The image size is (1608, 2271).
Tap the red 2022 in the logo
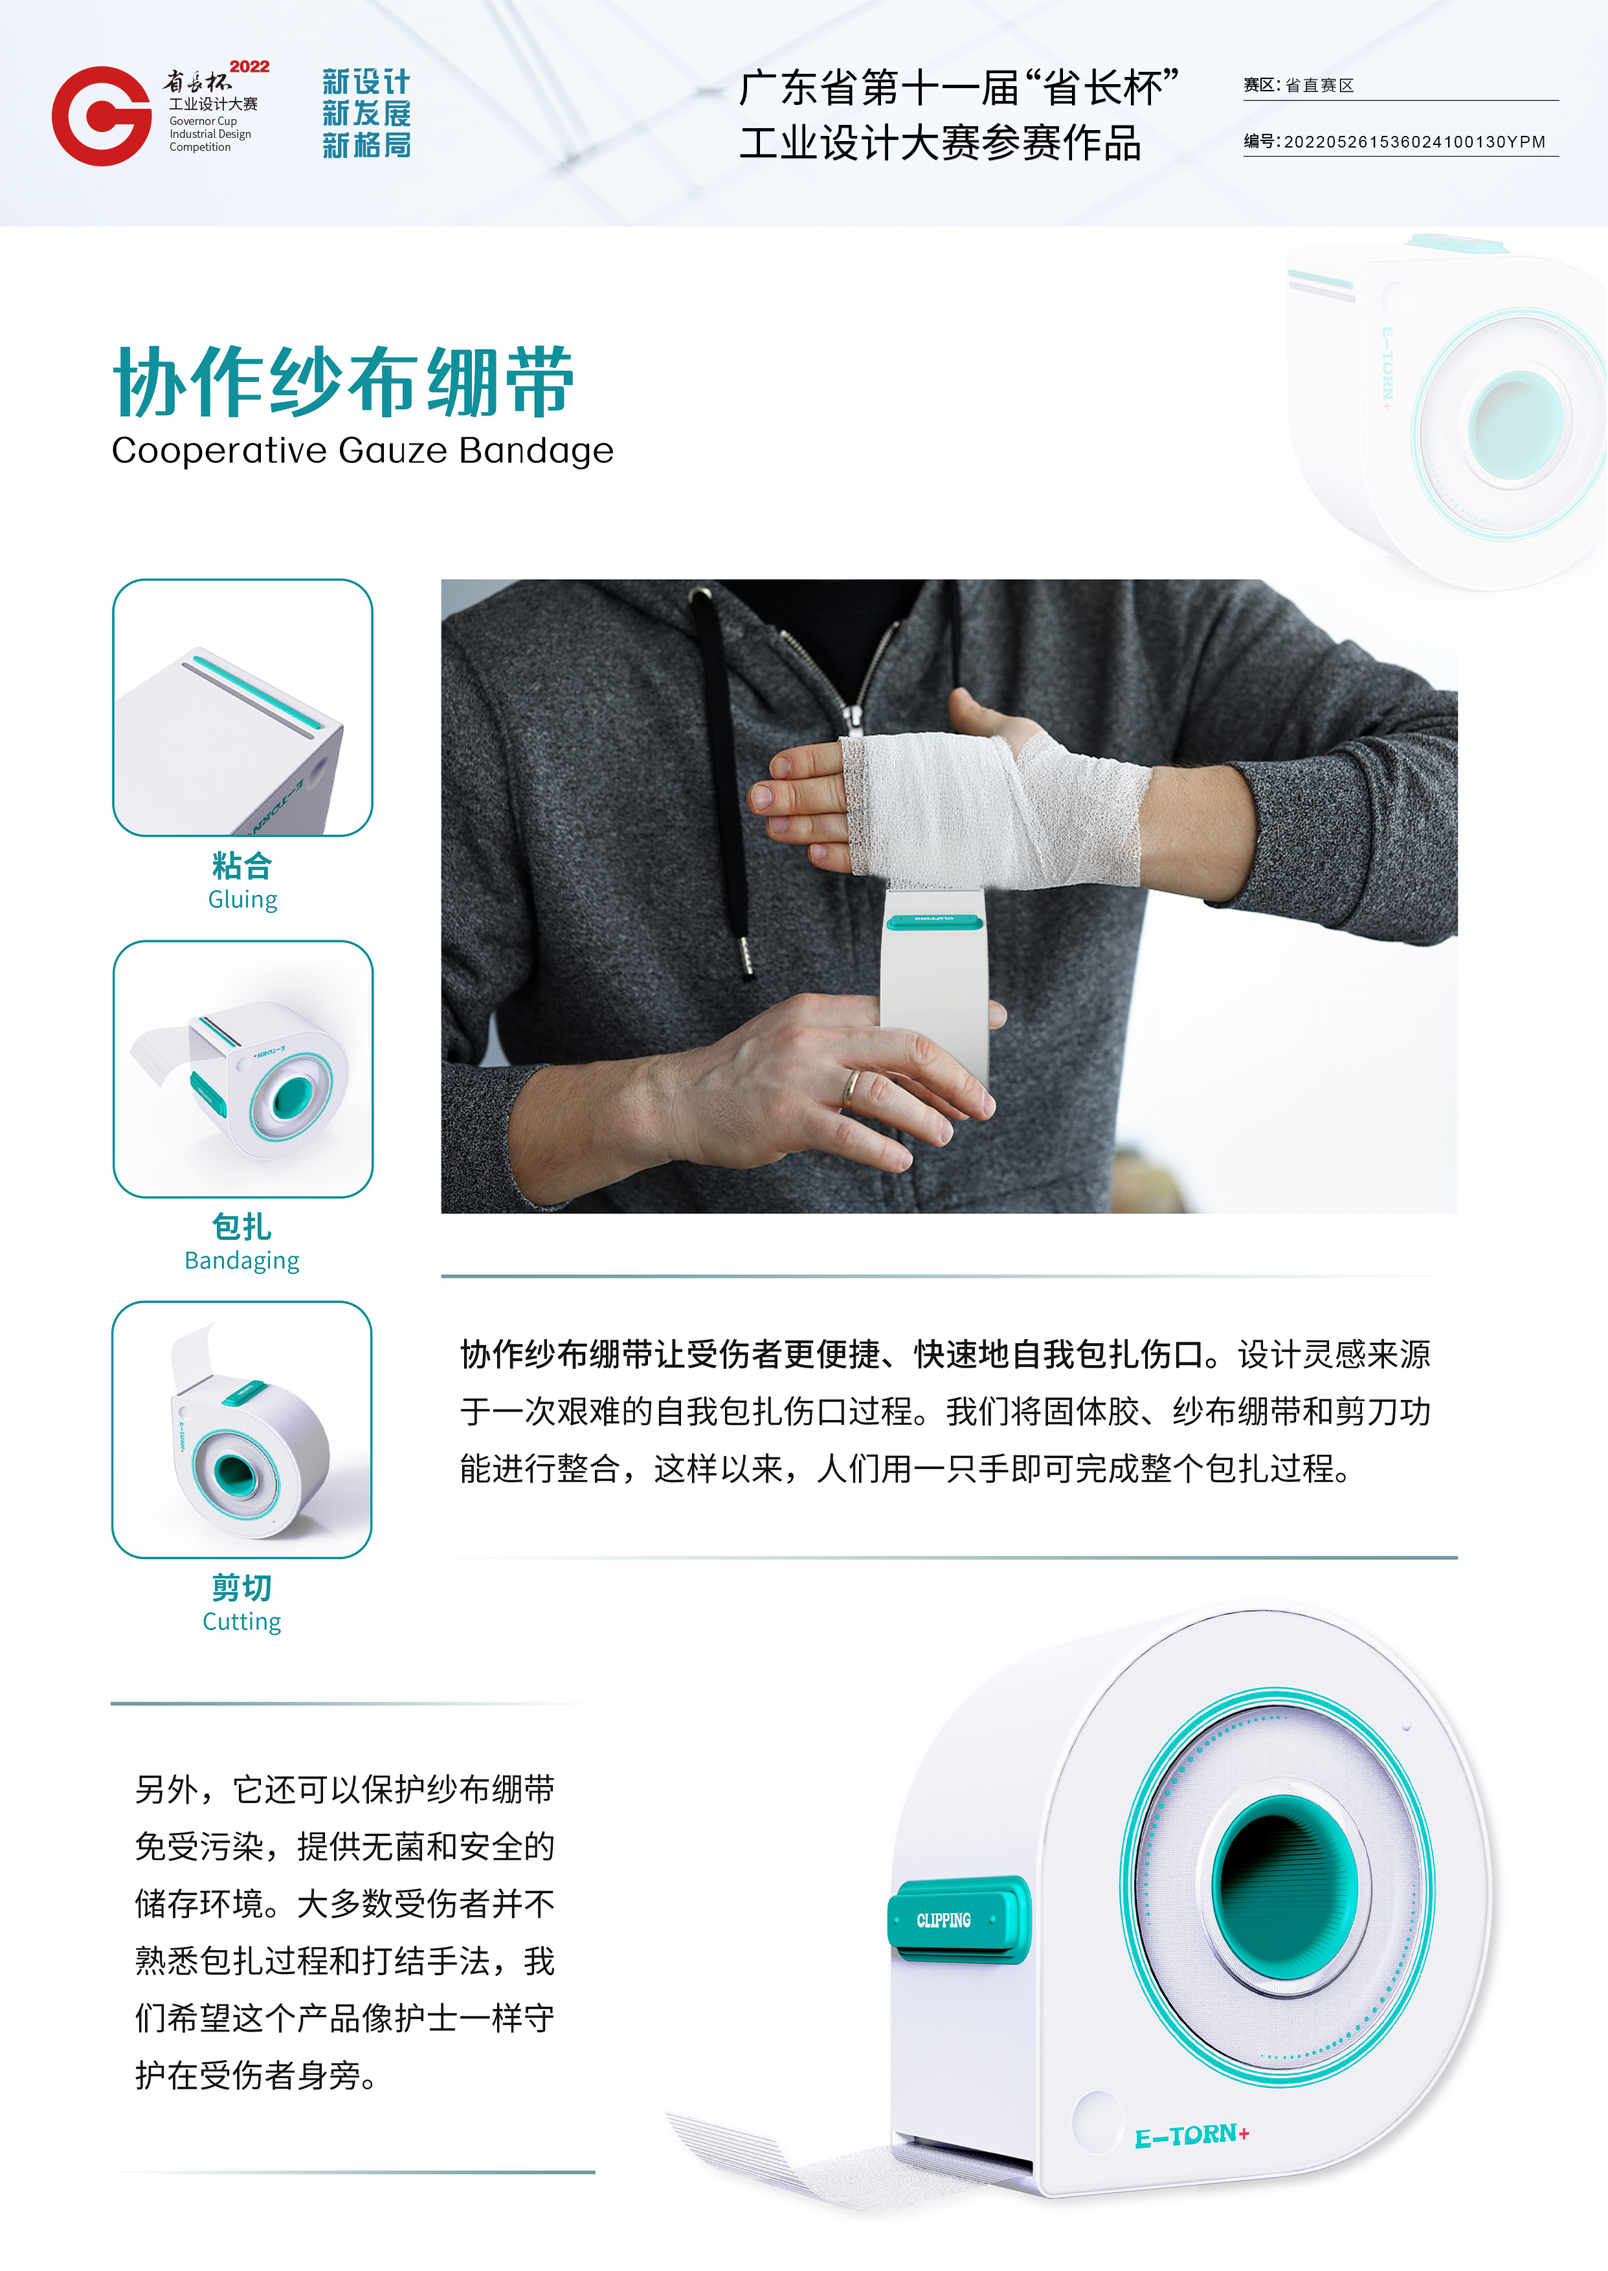click(x=249, y=66)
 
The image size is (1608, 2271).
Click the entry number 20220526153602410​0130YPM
click(x=1414, y=142)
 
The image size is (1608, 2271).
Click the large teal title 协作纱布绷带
click(x=344, y=381)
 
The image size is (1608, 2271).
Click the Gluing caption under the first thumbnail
click(x=243, y=900)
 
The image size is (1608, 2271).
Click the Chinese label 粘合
click(x=243, y=865)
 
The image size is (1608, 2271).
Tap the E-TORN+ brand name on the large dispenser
click(x=1191, y=2135)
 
